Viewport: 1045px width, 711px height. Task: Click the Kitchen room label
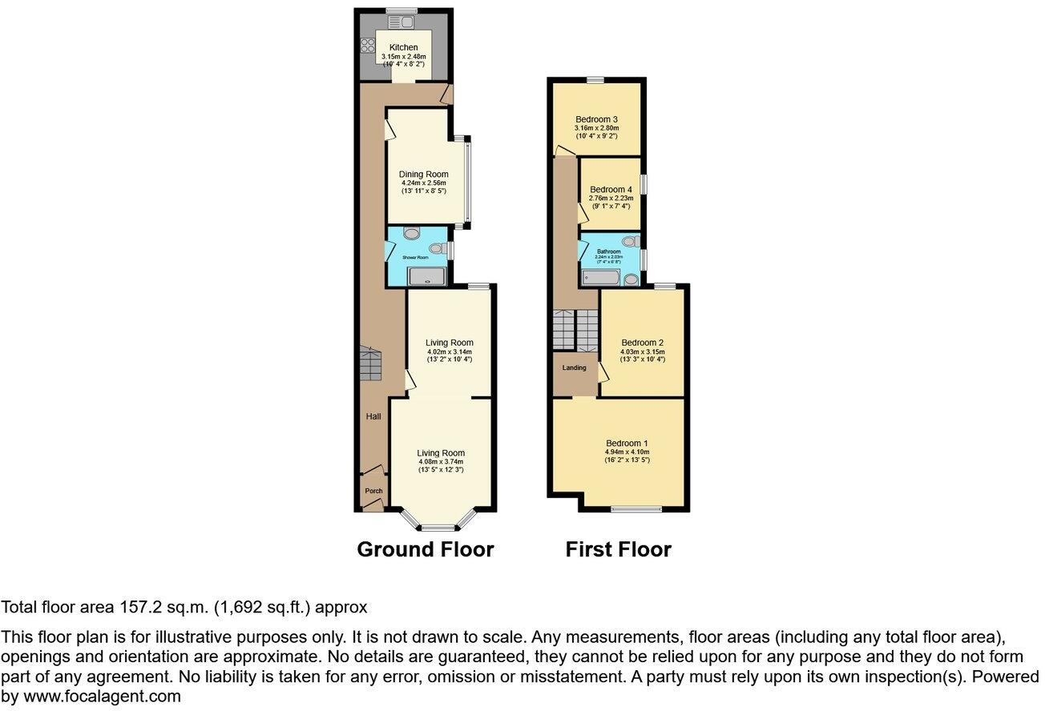pos(404,47)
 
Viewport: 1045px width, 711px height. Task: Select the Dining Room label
pos(423,174)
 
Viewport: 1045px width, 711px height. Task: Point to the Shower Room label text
pos(416,257)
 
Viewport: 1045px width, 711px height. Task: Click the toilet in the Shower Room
pos(438,248)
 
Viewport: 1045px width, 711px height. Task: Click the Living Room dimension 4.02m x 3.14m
pos(449,351)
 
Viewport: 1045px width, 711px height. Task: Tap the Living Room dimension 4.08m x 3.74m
pos(441,461)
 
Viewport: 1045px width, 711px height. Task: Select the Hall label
pos(373,416)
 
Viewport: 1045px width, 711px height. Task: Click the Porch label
pos(373,491)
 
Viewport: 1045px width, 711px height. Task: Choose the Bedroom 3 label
pos(595,119)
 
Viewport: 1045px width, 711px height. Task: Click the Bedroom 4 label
pos(611,189)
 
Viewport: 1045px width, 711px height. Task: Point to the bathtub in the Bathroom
pos(600,278)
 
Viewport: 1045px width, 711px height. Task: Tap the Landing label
pos(574,368)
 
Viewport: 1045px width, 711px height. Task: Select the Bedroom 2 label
pos(642,342)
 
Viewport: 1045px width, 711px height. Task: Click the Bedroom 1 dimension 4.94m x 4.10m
pos(627,452)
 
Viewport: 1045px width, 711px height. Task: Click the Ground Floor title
pos(425,549)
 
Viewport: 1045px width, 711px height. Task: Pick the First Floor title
pos(618,549)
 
